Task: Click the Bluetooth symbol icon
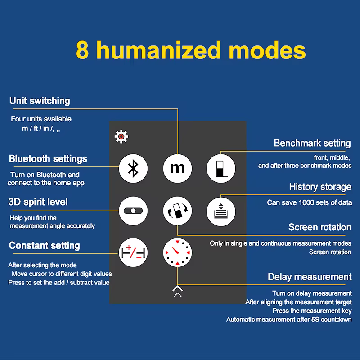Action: (x=133, y=168)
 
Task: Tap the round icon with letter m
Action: (x=177, y=168)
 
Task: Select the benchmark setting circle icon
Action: (x=221, y=168)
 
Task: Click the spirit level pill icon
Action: (x=133, y=211)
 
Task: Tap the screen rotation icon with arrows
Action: (x=177, y=211)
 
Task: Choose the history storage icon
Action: (x=221, y=211)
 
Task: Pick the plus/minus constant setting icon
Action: (x=133, y=252)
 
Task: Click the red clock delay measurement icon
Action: (x=177, y=252)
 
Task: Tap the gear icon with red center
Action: (x=121, y=137)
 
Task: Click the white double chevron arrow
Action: (x=177, y=291)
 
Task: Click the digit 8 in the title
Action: (x=82, y=50)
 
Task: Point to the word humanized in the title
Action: (x=159, y=50)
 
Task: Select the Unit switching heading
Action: (x=40, y=101)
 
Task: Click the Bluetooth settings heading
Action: (x=48, y=159)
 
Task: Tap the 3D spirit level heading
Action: (x=38, y=202)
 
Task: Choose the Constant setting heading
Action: (x=44, y=245)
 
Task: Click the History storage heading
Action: (x=320, y=187)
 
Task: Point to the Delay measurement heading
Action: (x=310, y=277)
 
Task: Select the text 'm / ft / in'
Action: (x=36, y=128)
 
